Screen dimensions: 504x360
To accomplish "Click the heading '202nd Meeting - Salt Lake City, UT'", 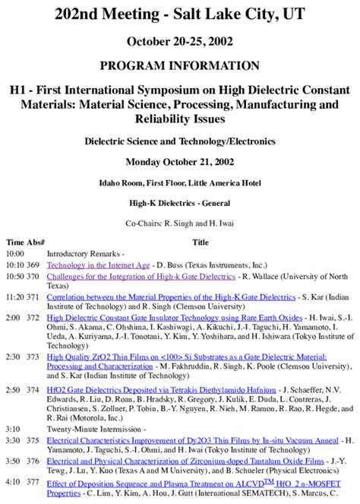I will coord(179,14).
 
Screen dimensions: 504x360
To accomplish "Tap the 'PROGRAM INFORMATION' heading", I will coord(179,66).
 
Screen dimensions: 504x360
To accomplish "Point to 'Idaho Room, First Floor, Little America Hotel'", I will coord(179,183).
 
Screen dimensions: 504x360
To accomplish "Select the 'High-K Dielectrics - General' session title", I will coord(179,204).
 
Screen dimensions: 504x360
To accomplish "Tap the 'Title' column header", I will coord(201,242).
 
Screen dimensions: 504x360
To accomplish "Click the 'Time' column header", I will coord(15,242).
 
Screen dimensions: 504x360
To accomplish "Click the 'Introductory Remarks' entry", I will coord(84,253).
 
